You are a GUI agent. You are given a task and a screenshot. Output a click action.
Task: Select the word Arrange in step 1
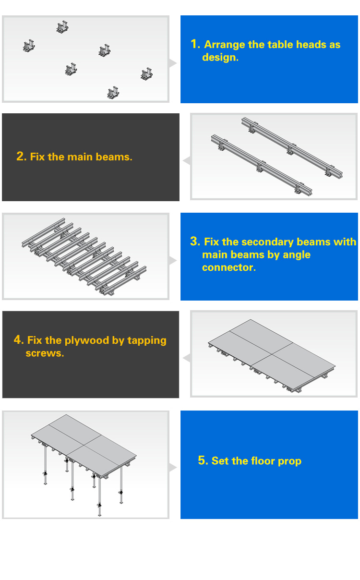[x=225, y=45]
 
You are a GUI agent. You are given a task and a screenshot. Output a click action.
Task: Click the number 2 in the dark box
[x=20, y=157]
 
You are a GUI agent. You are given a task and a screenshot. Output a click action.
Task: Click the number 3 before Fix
[x=194, y=242]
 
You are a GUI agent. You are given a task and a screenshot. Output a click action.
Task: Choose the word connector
[x=228, y=268]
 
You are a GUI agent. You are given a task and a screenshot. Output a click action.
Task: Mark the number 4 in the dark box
[x=18, y=340]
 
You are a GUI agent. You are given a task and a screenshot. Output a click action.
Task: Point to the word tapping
[x=146, y=341]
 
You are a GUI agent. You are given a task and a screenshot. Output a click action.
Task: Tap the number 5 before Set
[x=202, y=461]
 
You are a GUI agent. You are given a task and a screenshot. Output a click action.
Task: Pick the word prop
[x=290, y=462]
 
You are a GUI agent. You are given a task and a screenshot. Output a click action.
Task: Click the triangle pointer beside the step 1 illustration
[x=173, y=63]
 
